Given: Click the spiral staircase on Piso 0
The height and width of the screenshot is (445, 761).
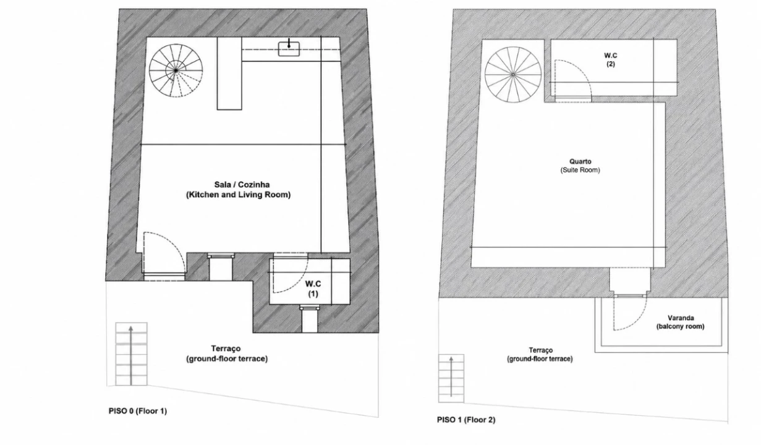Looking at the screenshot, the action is [x=176, y=70].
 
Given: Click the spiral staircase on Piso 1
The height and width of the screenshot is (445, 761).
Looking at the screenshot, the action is [x=513, y=75].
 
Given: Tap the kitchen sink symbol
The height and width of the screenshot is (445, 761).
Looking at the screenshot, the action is [x=289, y=49].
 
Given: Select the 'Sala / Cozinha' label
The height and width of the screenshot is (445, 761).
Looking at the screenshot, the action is [x=242, y=184].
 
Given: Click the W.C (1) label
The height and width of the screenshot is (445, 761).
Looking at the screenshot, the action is [x=313, y=289].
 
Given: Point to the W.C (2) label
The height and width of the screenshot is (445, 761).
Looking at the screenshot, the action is [x=611, y=59].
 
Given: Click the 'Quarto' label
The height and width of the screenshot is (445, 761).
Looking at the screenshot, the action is [x=580, y=161].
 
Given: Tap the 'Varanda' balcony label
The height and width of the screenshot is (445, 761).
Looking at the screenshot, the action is [x=681, y=318].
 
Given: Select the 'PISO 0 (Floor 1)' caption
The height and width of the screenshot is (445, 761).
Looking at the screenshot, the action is [x=138, y=411].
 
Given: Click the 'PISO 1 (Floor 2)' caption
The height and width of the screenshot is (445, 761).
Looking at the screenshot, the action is [x=466, y=420].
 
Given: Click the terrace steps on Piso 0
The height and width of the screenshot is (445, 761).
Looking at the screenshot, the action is [x=131, y=354].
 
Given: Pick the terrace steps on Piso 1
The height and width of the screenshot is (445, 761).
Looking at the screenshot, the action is [x=451, y=378].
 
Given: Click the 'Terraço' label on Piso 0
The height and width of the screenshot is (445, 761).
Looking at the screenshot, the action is [x=226, y=349].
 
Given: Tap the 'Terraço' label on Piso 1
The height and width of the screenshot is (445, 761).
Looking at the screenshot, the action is [x=540, y=350].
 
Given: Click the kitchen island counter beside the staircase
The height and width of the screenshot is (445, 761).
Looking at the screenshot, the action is [x=229, y=74].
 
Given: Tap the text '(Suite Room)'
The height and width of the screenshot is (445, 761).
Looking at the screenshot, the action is [x=580, y=170].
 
